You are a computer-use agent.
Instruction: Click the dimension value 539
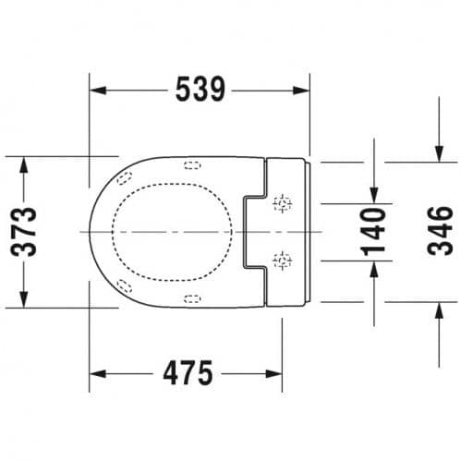[200, 90]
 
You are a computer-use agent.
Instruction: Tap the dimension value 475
[188, 373]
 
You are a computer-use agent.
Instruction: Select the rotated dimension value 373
[24, 232]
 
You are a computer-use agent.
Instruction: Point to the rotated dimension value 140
[373, 233]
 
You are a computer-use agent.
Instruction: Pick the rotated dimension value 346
[441, 231]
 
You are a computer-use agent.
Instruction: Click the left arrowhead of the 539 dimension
[98, 91]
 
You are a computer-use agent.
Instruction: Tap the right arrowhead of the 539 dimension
[301, 91]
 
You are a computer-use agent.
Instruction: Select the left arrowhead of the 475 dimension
[98, 374]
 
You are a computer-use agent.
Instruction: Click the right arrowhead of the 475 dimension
[273, 374]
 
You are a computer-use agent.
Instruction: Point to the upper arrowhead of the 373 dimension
[24, 165]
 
